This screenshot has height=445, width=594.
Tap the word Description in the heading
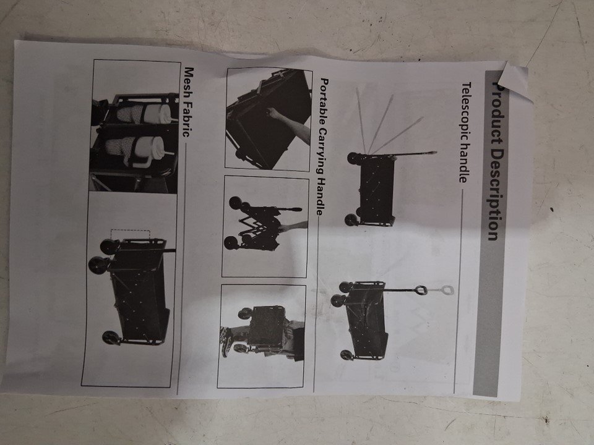[x=494, y=194]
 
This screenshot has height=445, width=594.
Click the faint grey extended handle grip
[x=447, y=290]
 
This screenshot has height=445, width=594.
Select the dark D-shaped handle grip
[x=421, y=290]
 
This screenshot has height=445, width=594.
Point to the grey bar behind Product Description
[x=491, y=234]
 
